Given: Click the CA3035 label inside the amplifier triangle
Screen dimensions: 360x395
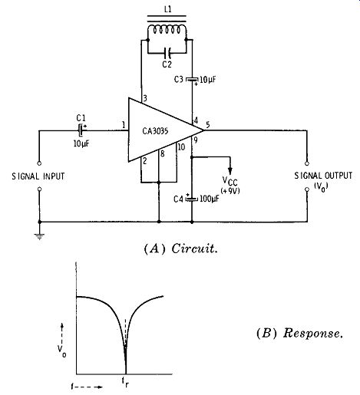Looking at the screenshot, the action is click(155, 131).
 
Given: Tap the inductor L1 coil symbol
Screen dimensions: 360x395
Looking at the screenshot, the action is click(167, 28).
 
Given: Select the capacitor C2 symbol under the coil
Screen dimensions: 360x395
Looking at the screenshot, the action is click(167, 53).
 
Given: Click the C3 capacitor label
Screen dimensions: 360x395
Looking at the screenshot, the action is click(179, 80).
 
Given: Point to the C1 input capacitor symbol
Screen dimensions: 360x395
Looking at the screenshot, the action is click(81, 130).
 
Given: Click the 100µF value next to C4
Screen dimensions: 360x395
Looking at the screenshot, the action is click(210, 199).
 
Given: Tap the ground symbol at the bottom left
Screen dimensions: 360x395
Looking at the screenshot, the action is click(40, 235).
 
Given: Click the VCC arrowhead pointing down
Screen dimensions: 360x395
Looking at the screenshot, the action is click(230, 171).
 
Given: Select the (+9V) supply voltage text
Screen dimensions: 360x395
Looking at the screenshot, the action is click(230, 191).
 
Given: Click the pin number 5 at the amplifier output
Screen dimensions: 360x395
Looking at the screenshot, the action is click(208, 125).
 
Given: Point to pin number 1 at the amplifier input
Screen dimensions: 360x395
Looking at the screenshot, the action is click(124, 125).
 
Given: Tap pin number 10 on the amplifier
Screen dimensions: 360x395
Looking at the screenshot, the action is click(181, 146).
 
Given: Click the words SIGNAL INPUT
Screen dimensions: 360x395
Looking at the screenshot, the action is click(38, 176).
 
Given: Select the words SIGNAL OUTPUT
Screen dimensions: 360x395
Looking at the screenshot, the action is click(323, 176).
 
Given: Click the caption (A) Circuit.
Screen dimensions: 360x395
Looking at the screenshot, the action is click(181, 249).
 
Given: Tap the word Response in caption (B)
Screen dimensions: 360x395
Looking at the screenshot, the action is click(312, 333).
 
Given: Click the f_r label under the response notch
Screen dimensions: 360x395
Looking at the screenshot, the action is click(125, 382).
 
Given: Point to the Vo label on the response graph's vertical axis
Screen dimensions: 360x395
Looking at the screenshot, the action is click(61, 351).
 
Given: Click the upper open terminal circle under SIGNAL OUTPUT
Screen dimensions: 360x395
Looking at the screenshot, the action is click(307, 163).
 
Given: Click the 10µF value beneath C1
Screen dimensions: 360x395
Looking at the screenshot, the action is click(81, 143).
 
